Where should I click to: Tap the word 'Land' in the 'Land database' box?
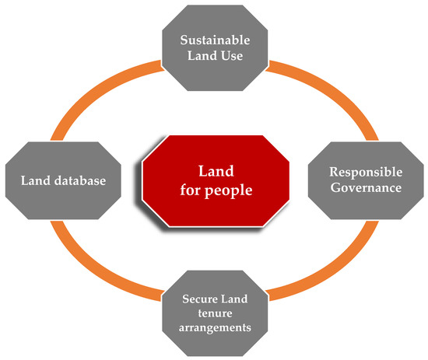(x=36, y=182)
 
